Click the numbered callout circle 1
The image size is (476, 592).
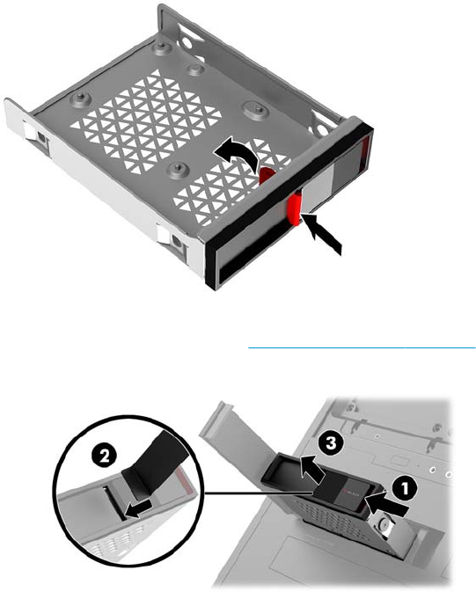coord(405,489)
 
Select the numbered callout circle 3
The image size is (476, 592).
coord(331,443)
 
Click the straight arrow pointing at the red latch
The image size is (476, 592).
coord(322,235)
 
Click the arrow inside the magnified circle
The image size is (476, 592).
coord(139,509)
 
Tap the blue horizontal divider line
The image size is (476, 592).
coord(362,347)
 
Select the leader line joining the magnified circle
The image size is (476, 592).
coord(258,493)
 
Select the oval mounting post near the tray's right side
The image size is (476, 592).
coord(258,109)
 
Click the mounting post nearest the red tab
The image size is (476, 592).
coord(177,171)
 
